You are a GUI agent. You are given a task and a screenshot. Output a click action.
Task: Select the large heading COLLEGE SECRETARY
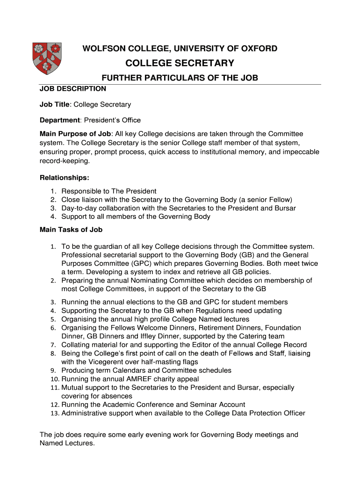180,63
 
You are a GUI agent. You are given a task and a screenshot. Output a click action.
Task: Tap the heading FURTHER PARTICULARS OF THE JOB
180,78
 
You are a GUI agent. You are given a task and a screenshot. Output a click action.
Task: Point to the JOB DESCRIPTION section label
73,88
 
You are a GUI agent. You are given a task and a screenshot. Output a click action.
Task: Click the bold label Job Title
55,104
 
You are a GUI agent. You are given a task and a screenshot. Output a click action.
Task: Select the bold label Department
60,120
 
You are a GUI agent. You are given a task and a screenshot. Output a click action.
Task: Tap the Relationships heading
64,178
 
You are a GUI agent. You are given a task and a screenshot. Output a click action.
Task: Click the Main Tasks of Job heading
71,230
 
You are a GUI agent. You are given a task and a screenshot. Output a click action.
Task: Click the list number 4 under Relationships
54,217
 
